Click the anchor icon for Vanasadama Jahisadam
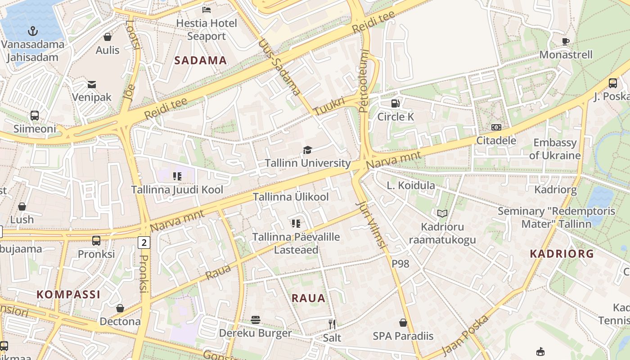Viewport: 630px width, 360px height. (32, 31)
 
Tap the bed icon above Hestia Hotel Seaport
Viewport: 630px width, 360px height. (206, 9)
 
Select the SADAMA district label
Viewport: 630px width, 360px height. (201, 61)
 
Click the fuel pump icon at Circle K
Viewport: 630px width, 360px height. (395, 103)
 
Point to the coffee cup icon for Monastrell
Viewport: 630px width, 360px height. (566, 41)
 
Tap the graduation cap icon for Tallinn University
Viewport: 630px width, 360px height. (307, 150)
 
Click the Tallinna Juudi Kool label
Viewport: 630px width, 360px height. (177, 190)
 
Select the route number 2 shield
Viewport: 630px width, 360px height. (144, 243)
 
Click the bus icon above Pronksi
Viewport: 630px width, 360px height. (96, 240)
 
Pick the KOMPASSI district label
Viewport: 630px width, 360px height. (68, 295)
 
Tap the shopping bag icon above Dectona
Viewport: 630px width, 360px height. (120, 308)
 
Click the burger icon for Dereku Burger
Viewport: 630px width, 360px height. (256, 320)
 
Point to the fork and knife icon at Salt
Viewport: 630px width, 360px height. (332, 324)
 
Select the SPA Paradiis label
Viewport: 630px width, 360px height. (403, 336)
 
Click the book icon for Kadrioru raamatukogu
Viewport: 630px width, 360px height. (442, 213)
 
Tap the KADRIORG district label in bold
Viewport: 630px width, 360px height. (562, 254)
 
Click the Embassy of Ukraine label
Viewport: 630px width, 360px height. (554, 149)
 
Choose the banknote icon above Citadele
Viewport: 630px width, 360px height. (496, 127)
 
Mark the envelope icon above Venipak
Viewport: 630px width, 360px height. (92, 84)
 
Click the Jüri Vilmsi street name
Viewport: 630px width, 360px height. (371, 225)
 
